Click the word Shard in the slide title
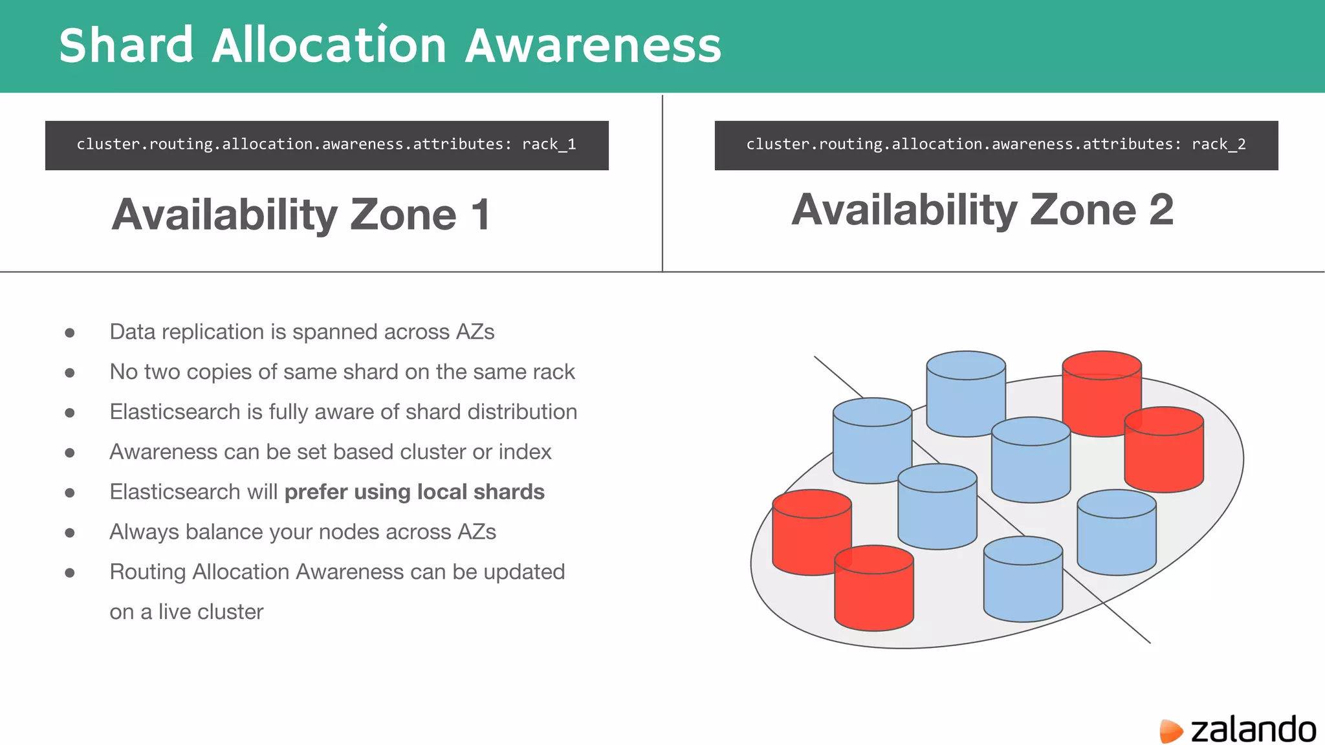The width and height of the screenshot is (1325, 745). pyautogui.click(x=126, y=45)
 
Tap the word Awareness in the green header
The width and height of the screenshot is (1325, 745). pyautogui.click(x=593, y=45)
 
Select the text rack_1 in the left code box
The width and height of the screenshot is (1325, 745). pyautogui.click(x=549, y=144)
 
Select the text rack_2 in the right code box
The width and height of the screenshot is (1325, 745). pyautogui.click(x=1218, y=144)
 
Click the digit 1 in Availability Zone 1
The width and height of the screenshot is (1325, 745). pyautogui.click(x=480, y=215)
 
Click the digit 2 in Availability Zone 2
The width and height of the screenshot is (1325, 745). pyautogui.click(x=1161, y=210)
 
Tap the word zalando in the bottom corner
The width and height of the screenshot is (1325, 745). pyautogui.click(x=1253, y=729)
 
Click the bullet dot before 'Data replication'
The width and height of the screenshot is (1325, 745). pyautogui.click(x=70, y=333)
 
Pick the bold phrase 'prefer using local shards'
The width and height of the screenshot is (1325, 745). pyautogui.click(x=414, y=492)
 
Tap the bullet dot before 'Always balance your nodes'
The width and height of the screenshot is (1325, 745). pyautogui.click(x=70, y=533)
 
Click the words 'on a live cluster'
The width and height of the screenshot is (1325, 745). pyautogui.click(x=186, y=612)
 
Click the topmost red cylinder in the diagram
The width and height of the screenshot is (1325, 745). pyautogui.click(x=1101, y=393)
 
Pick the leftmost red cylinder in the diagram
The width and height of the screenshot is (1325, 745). pyautogui.click(x=811, y=532)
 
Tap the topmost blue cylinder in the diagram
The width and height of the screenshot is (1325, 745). pyautogui.click(x=965, y=393)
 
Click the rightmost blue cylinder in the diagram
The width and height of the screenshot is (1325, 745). pyautogui.click(x=1116, y=532)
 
